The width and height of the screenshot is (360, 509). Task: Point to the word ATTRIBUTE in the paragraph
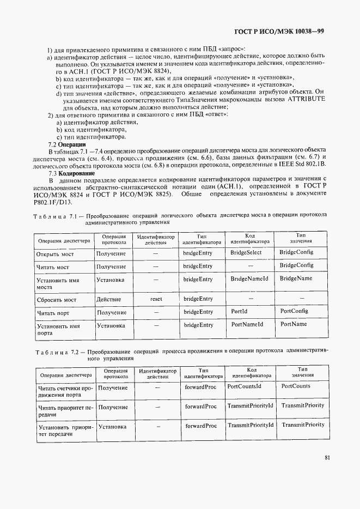pos(305,100)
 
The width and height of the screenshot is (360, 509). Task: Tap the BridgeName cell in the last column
pos(296,278)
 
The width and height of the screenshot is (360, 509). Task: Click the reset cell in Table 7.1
pos(156,299)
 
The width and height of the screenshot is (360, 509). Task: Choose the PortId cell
pos(240,312)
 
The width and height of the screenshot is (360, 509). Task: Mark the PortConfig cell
pos(294,311)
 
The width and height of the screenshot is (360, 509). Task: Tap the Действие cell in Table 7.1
pos(108,299)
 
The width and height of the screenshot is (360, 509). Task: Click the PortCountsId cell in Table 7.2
pos(245,386)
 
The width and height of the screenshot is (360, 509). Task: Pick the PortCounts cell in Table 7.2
pos(296,386)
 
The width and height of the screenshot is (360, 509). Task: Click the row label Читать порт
pos(52,313)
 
